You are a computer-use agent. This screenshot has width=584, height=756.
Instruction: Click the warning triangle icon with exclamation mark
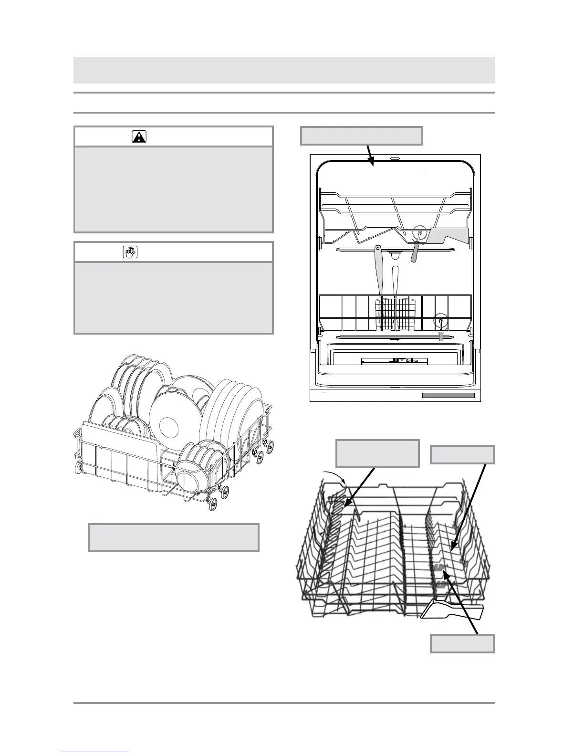[x=139, y=137]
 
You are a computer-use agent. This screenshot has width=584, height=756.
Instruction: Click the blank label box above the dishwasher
[x=361, y=135]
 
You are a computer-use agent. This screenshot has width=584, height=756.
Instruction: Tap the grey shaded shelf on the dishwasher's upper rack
[x=448, y=236]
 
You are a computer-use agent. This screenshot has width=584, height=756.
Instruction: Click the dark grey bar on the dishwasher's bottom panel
[x=448, y=395]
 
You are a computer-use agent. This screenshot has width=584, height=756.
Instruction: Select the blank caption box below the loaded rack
[x=174, y=537]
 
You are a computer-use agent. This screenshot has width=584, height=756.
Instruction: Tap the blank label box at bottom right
[x=462, y=643]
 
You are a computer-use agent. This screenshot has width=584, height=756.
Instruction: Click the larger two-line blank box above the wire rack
[x=377, y=453]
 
